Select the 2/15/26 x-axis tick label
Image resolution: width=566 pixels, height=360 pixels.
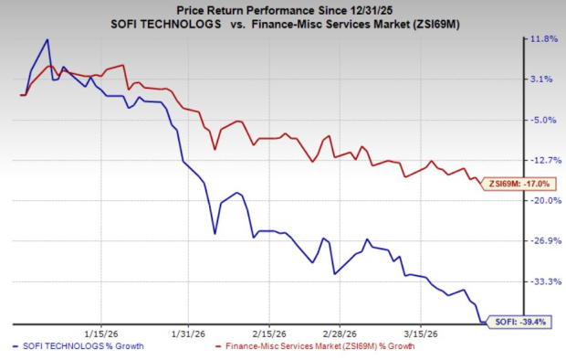(271, 334)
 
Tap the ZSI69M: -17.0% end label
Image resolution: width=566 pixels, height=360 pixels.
(517, 184)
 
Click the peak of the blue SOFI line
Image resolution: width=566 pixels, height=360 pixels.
(47, 40)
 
